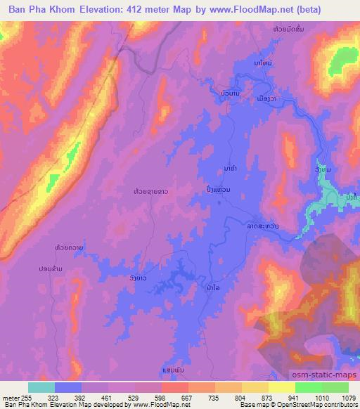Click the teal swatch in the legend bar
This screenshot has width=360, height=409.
pos(41,387)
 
